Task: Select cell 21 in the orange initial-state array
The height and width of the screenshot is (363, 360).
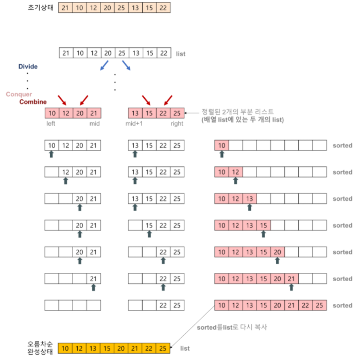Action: pyautogui.click(x=65, y=8)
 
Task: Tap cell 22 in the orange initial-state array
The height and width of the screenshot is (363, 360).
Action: pyautogui.click(x=163, y=8)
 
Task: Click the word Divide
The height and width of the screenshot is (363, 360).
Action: pyautogui.click(x=28, y=67)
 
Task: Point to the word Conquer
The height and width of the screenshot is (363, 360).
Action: pyautogui.click(x=19, y=94)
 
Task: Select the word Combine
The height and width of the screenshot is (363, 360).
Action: pyautogui.click(x=33, y=102)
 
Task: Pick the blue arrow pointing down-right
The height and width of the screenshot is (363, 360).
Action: pyautogui.click(x=126, y=65)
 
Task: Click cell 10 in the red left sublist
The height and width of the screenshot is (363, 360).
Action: pyautogui.click(x=52, y=113)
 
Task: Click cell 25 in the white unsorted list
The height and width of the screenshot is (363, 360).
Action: pyautogui.click(x=122, y=54)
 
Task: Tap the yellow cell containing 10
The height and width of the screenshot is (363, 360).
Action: pyautogui.click(x=65, y=349)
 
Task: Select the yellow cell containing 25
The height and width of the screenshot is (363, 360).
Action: pyautogui.click(x=163, y=349)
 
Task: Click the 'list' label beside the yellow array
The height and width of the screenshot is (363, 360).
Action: pyautogui.click(x=185, y=349)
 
